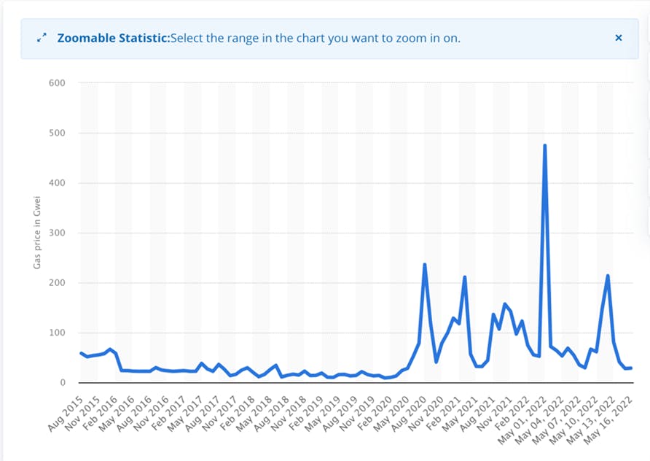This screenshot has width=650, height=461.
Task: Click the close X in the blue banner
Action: pos(619,38)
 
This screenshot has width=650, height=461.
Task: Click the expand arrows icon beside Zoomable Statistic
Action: pos(42,38)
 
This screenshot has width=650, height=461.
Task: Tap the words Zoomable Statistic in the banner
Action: pos(114,38)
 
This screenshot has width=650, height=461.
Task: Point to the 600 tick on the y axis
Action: pos(58,83)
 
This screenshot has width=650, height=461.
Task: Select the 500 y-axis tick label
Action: pos(58,133)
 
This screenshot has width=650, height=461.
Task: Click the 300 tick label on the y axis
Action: pos(58,233)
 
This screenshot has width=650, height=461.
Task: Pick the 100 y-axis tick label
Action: pos(58,333)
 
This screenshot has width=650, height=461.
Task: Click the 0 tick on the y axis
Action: pos(63,382)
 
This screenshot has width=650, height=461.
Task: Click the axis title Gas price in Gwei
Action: pos(37,233)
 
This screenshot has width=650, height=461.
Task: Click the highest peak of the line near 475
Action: pos(545,146)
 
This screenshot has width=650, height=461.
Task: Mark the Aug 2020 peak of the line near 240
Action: pos(425,265)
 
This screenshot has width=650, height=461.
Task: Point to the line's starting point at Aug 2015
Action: pos(81,353)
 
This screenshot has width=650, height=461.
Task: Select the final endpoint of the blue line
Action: pos(631,368)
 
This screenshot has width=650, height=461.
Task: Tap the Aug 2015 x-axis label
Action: pos(66,414)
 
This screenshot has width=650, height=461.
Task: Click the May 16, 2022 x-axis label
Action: pos(608,420)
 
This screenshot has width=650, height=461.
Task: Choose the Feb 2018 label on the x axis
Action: pos(237,414)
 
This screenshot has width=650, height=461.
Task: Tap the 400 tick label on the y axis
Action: pos(58,183)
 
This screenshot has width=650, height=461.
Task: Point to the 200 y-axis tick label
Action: pos(58,283)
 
